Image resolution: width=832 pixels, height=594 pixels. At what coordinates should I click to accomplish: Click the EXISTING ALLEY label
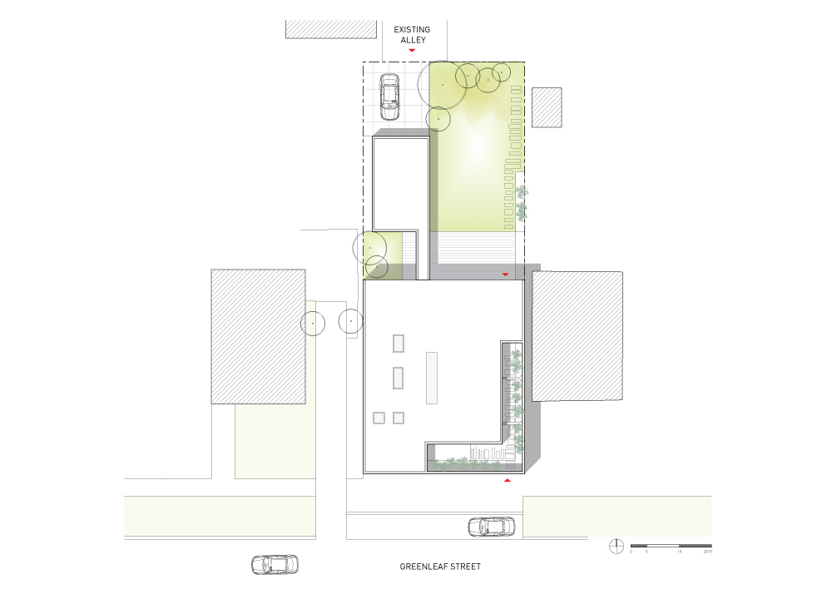[x=412, y=34]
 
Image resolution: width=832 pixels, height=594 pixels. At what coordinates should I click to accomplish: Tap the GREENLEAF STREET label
[x=440, y=567]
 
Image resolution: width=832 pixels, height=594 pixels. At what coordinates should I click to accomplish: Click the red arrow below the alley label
[x=412, y=51]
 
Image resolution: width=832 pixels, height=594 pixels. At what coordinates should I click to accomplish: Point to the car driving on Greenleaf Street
[x=275, y=564]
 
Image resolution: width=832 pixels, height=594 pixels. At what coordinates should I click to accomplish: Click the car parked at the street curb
[x=491, y=527]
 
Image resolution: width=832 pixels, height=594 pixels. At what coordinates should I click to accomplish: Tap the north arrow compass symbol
[x=617, y=546]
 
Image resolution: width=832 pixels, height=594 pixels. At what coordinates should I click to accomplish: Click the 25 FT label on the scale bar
[x=707, y=552]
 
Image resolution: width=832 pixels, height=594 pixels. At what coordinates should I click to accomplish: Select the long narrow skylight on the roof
[x=432, y=378]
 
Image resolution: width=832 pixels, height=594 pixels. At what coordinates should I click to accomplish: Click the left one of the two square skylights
[x=379, y=418]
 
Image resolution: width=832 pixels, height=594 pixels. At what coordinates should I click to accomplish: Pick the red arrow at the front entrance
[x=507, y=480]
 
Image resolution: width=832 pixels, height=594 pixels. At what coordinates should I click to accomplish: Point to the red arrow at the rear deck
[x=504, y=275]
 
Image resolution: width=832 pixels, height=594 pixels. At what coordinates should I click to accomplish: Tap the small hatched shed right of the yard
[x=547, y=107]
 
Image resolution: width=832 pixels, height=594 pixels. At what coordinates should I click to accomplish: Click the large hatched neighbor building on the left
[x=259, y=336]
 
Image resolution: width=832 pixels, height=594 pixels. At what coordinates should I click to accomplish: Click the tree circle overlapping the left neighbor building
[x=313, y=323]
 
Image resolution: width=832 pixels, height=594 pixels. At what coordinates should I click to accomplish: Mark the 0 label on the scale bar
[x=631, y=552]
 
